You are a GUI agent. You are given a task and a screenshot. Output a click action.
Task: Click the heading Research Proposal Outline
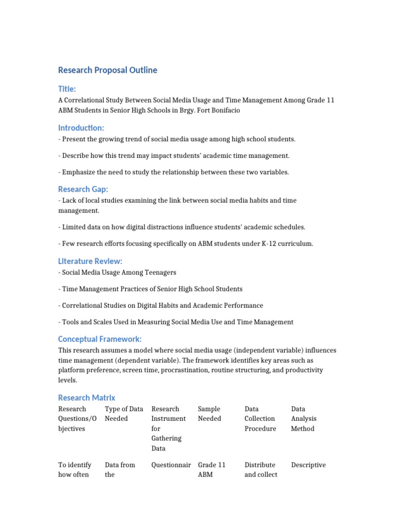[x=107, y=70]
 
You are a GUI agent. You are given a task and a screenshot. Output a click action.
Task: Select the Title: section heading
[x=67, y=89]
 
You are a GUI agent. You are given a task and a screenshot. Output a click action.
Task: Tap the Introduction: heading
[x=81, y=128]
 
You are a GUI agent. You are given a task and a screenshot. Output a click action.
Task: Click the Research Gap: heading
[x=83, y=189]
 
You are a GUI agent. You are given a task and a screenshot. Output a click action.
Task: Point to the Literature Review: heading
[x=90, y=261]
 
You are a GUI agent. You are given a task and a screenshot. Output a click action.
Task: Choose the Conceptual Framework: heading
[x=100, y=339]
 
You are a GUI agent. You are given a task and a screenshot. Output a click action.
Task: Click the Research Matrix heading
[x=87, y=398]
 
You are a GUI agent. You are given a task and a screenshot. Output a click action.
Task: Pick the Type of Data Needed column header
[x=124, y=414]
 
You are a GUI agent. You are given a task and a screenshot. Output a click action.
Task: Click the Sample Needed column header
[x=209, y=414]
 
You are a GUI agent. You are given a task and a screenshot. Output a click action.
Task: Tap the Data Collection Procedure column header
[x=260, y=419]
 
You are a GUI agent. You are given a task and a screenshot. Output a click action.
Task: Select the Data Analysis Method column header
[x=304, y=419]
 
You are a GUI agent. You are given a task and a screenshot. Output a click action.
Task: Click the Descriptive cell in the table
[x=308, y=465]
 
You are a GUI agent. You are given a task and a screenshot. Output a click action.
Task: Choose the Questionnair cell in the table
[x=169, y=465]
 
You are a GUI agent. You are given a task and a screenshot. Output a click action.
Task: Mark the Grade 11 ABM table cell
[x=211, y=470]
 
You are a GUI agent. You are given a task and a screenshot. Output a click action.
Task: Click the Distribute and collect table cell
[x=260, y=470]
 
